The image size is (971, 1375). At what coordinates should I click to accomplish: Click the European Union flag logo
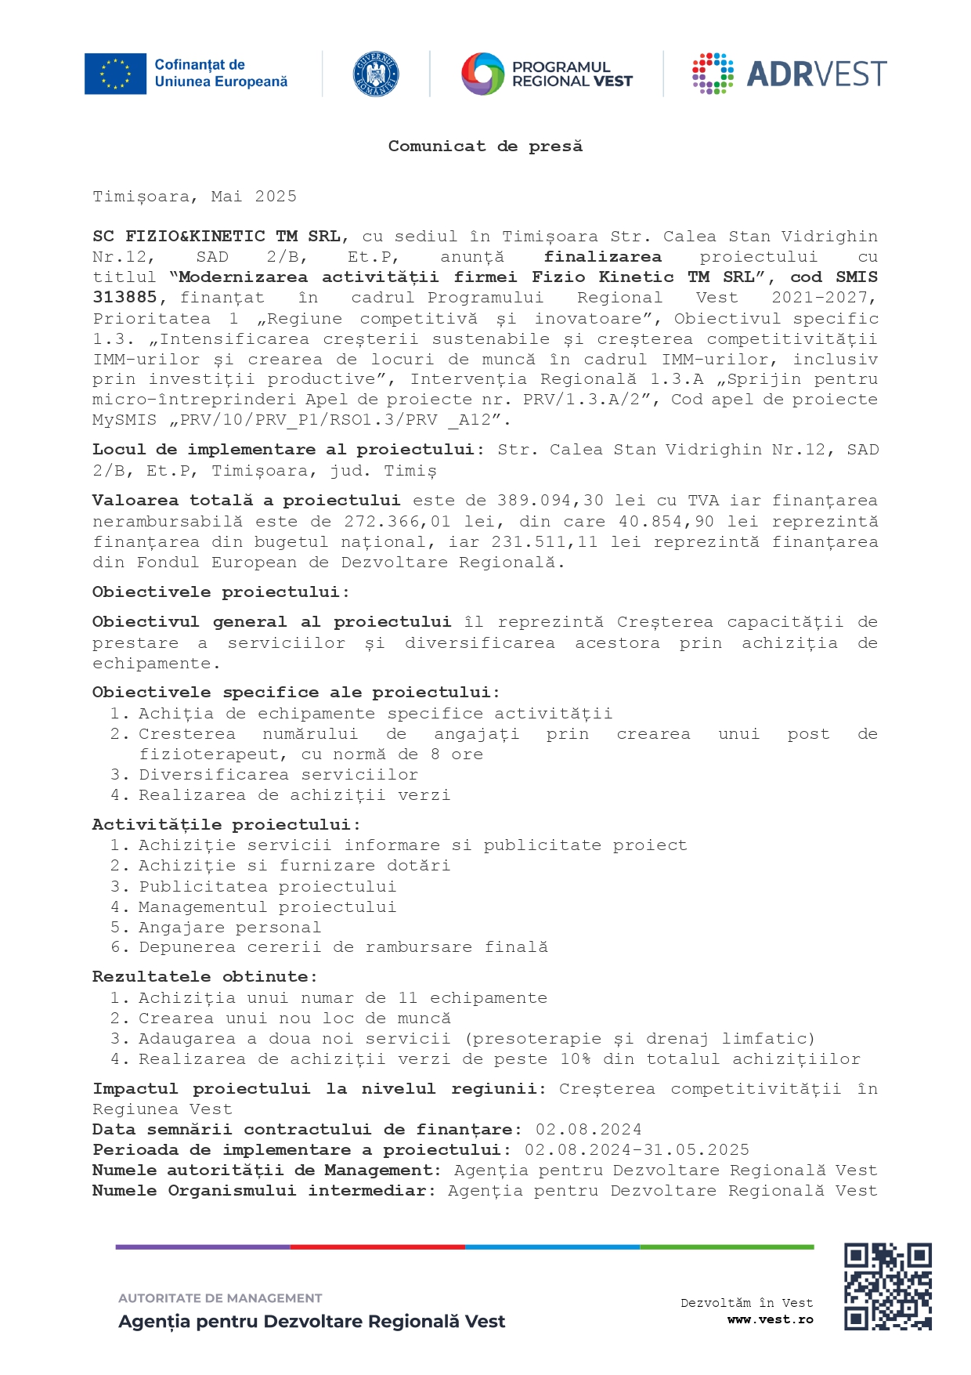tap(115, 74)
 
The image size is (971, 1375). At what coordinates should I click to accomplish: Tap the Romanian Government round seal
tap(376, 74)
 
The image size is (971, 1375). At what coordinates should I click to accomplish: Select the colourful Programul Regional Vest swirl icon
tap(482, 74)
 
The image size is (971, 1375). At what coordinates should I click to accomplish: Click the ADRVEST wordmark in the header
tap(816, 74)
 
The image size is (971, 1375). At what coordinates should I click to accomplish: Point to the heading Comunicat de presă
tap(485, 147)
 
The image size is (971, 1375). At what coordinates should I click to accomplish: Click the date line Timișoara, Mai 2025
tap(194, 197)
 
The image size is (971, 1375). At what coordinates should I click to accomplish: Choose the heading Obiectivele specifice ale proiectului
tap(295, 693)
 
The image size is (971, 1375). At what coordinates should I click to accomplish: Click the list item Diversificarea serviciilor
tap(278, 775)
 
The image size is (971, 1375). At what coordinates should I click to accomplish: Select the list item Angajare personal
tap(229, 928)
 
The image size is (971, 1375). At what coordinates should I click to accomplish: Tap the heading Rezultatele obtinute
tap(204, 977)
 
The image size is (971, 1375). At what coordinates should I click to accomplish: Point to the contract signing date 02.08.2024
tap(588, 1130)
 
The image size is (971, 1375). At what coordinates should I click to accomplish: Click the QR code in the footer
tap(887, 1286)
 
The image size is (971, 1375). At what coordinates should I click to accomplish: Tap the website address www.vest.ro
tap(770, 1319)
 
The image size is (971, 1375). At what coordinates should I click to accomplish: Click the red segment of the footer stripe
tap(377, 1247)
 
